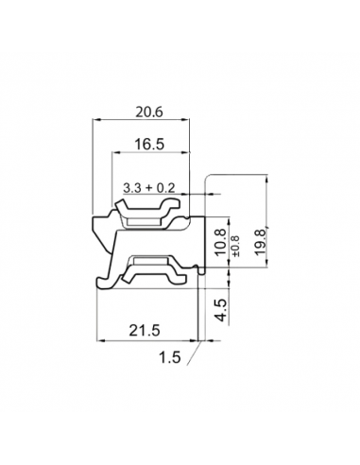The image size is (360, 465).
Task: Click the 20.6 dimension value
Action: coord(149,112)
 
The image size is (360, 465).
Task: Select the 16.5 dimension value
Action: coord(149,145)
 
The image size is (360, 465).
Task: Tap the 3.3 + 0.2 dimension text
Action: coord(148,188)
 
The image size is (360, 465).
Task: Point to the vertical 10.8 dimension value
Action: coord(220,242)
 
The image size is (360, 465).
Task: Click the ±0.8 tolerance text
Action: coord(235,246)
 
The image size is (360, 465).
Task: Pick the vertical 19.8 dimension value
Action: coord(261,243)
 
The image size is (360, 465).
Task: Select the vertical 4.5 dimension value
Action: coord(221,310)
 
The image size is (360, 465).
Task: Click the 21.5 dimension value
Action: coord(145,330)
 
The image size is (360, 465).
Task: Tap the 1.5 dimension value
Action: coord(170,357)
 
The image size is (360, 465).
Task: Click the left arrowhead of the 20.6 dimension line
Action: coord(96,119)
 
